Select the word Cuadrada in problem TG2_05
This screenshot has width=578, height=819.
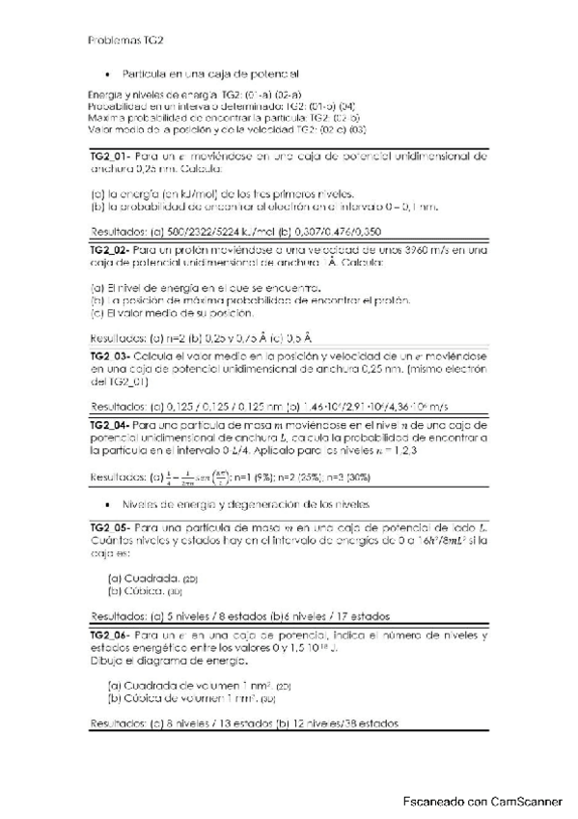(140, 578)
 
